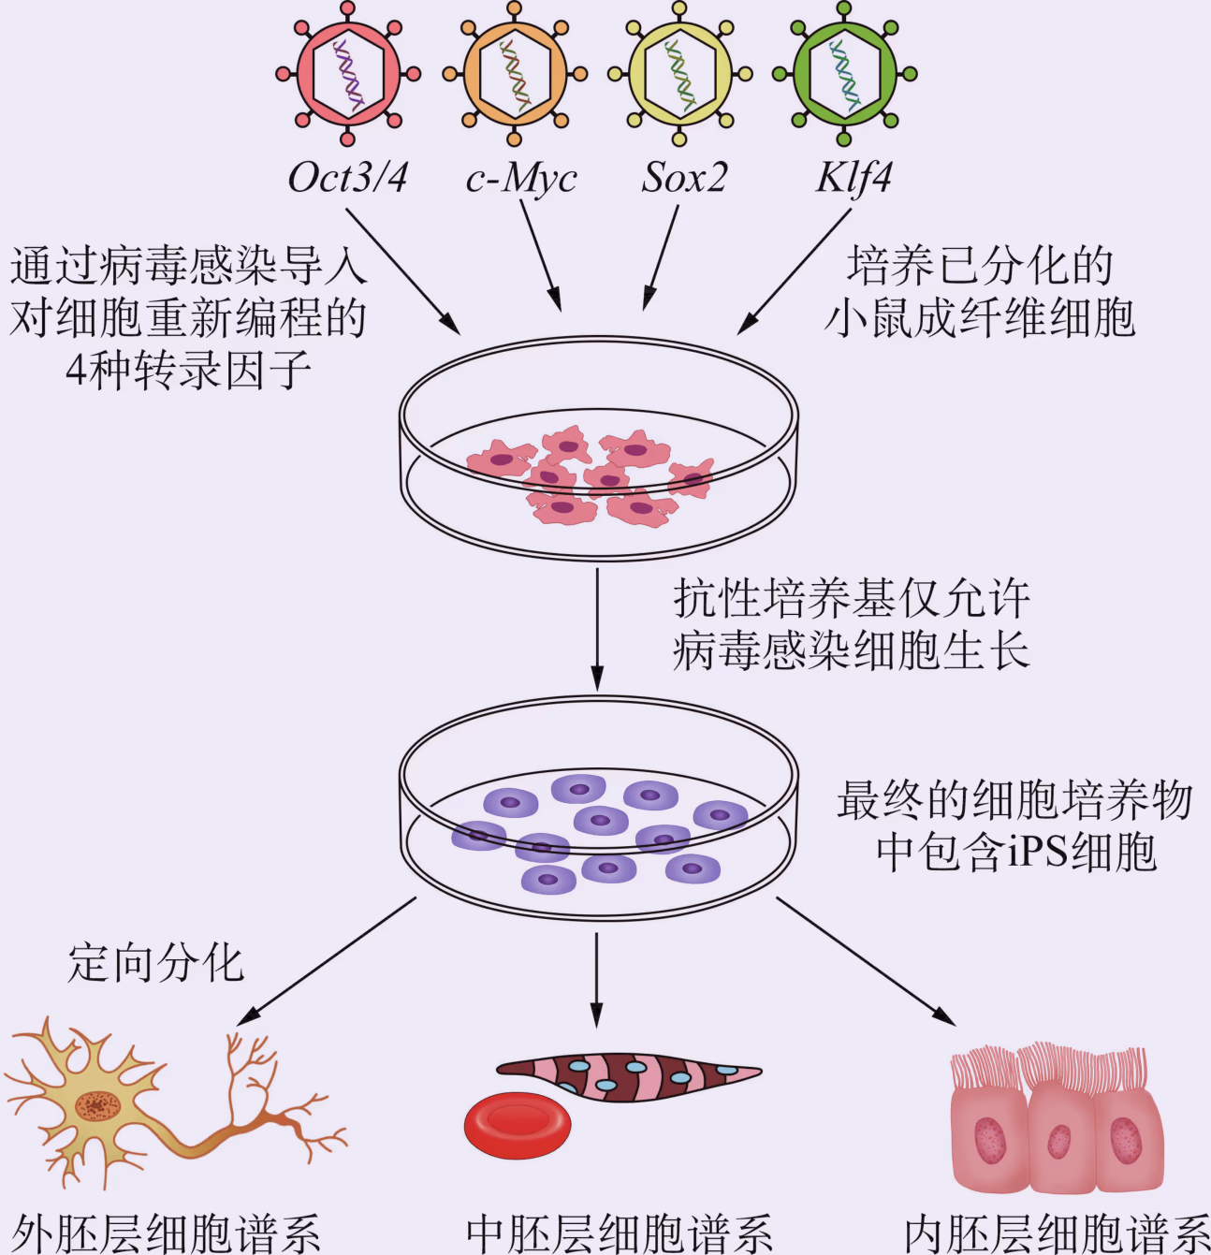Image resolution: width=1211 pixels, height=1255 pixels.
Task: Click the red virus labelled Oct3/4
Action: click(348, 74)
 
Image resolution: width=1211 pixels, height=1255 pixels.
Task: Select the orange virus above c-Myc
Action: click(514, 74)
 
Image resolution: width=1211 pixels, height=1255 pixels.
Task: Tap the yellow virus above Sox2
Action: click(680, 74)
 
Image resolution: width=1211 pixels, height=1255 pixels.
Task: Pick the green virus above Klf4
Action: click(844, 74)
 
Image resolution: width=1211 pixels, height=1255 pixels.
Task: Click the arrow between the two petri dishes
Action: click(597, 628)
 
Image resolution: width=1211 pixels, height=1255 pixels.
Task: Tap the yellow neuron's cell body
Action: click(96, 1106)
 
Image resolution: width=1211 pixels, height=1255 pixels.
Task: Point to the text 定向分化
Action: click(155, 963)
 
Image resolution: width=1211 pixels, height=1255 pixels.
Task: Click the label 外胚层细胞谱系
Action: click(166, 1233)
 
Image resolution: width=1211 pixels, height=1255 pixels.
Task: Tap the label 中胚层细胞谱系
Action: click(620, 1233)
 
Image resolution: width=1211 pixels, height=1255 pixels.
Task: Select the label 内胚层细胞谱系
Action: click(1058, 1233)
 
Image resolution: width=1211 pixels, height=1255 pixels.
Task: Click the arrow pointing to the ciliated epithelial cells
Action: click(865, 960)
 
